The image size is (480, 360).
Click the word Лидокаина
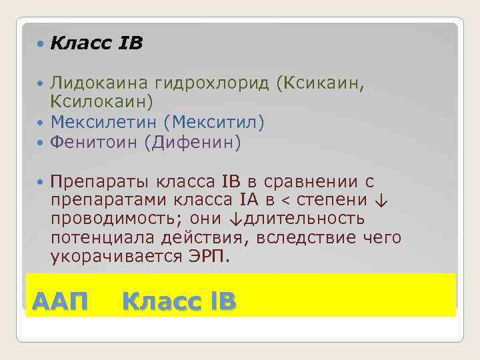[x=99, y=83]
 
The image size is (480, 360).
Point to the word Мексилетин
[x=108, y=123]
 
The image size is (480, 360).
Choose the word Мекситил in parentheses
[x=219, y=123]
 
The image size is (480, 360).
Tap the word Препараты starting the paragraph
[x=100, y=182]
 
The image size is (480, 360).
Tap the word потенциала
[x=101, y=237]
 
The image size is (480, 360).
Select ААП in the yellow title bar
[x=60, y=301]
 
